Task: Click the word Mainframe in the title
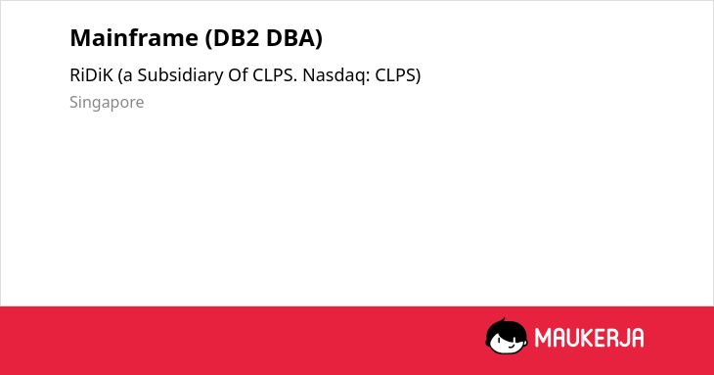coord(134,38)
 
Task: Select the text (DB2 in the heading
coord(232,38)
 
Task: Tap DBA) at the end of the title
coord(294,38)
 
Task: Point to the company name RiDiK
coord(91,75)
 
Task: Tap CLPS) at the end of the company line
coord(397,75)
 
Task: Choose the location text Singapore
coord(107,103)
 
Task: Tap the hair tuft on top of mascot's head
coord(503,320)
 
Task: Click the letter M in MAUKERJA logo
coord(543,338)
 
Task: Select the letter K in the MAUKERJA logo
coord(584,338)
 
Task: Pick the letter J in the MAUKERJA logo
coord(621,338)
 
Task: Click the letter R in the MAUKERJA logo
coord(608,338)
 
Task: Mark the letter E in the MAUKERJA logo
coord(597,338)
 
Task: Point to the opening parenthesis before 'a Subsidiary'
coord(120,75)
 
